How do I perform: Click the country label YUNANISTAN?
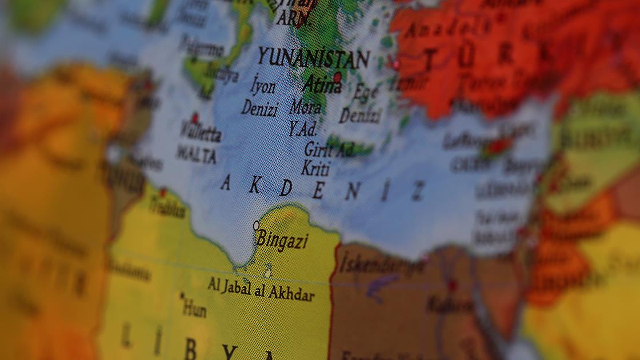coord(313,58)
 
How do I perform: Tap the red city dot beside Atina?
coord(337,77)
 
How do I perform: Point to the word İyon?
coord(263,87)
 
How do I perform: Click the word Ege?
coord(365,92)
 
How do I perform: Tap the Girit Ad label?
coord(329,149)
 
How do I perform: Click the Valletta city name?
coord(200,133)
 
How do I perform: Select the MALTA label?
coord(196,155)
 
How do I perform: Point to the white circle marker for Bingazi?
coord(256,225)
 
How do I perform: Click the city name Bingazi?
coord(282,240)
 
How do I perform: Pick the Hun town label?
coord(194,309)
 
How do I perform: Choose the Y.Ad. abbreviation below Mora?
coord(302,129)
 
